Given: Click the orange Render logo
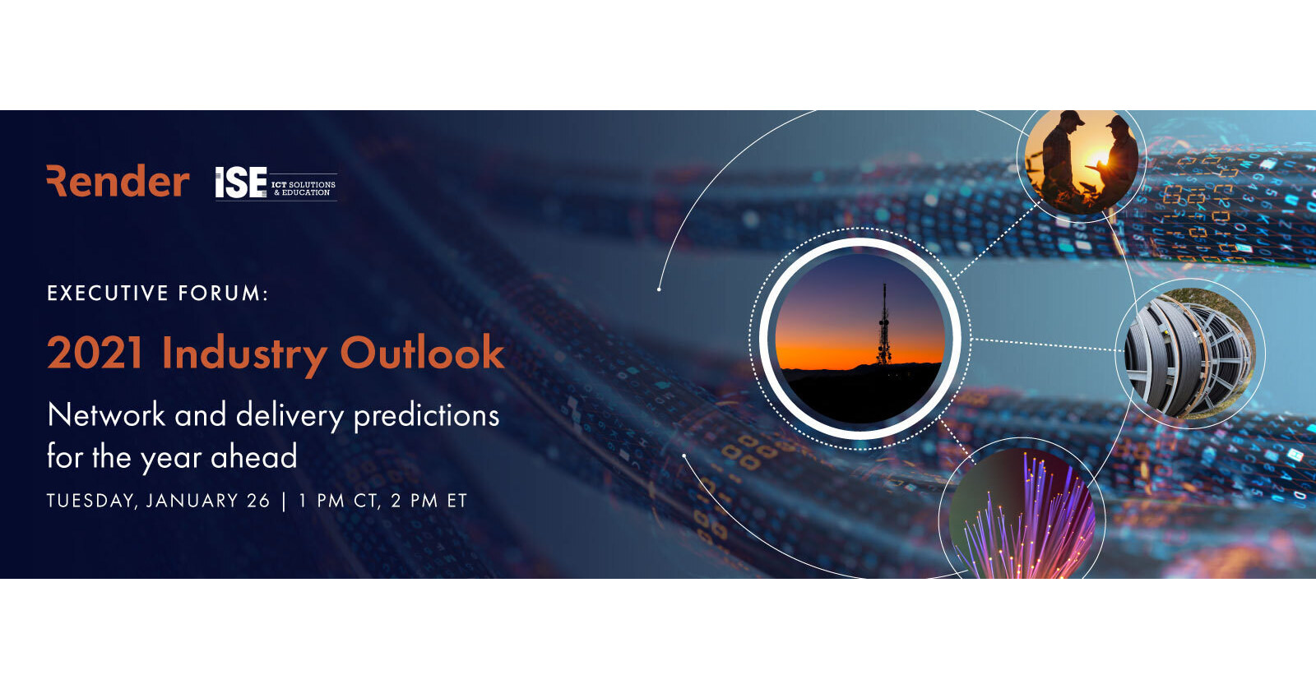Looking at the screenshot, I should click(x=118, y=181).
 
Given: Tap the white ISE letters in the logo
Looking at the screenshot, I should click(x=240, y=183).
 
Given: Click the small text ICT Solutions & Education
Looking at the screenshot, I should click(x=304, y=188).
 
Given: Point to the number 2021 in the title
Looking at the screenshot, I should click(x=95, y=353).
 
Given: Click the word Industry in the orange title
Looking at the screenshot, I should click(x=243, y=354).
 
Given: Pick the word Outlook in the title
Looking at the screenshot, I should click(x=422, y=353).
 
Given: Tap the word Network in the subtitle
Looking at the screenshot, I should click(x=106, y=415).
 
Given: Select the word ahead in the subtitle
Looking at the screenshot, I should click(x=253, y=457).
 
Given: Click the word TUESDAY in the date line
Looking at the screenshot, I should click(x=91, y=501).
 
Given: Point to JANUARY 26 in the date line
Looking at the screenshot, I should click(x=207, y=501).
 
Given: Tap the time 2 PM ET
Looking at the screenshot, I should click(x=429, y=501).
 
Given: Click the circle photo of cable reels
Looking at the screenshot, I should click(x=1189, y=352).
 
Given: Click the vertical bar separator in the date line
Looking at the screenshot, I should click(x=284, y=501).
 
